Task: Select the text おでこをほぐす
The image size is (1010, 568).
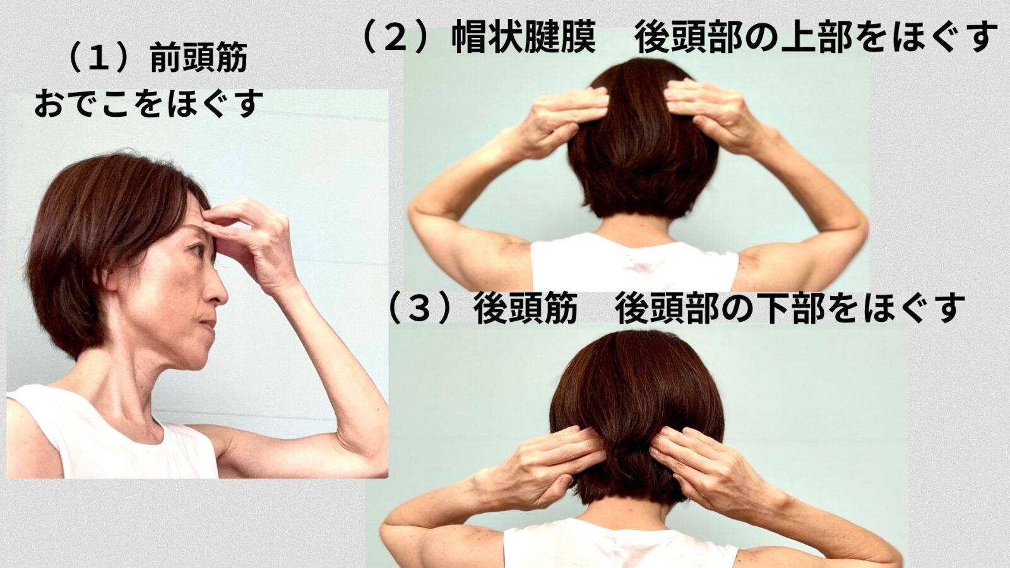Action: pos(148,104)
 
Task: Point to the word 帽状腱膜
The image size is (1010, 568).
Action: pos(524,38)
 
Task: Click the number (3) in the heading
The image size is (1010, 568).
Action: pos(420,309)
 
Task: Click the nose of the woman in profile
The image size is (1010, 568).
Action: pos(219,292)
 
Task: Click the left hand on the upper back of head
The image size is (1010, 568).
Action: pos(562,117)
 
